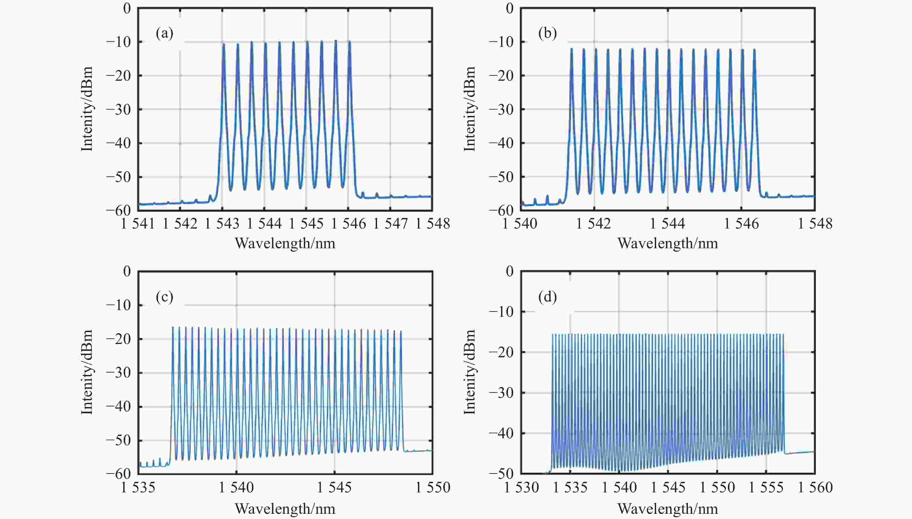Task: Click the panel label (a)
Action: tap(164, 34)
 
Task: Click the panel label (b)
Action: tap(547, 34)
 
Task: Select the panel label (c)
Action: tap(164, 297)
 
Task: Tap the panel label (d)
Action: tap(547, 297)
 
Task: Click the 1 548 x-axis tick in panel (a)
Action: tap(433, 224)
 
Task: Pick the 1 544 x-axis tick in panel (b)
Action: tap(668, 224)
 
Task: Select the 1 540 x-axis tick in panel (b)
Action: tap(520, 224)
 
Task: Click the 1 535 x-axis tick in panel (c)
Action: tap(138, 487)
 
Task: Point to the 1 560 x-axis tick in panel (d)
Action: tap(815, 487)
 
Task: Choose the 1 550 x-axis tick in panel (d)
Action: tap(717, 487)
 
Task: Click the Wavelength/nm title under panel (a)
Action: tap(285, 244)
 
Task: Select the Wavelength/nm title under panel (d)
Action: tap(668, 509)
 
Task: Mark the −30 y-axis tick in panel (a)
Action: tap(118, 109)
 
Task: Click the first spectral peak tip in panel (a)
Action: tap(224, 44)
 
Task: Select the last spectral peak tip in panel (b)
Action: tap(754, 49)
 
